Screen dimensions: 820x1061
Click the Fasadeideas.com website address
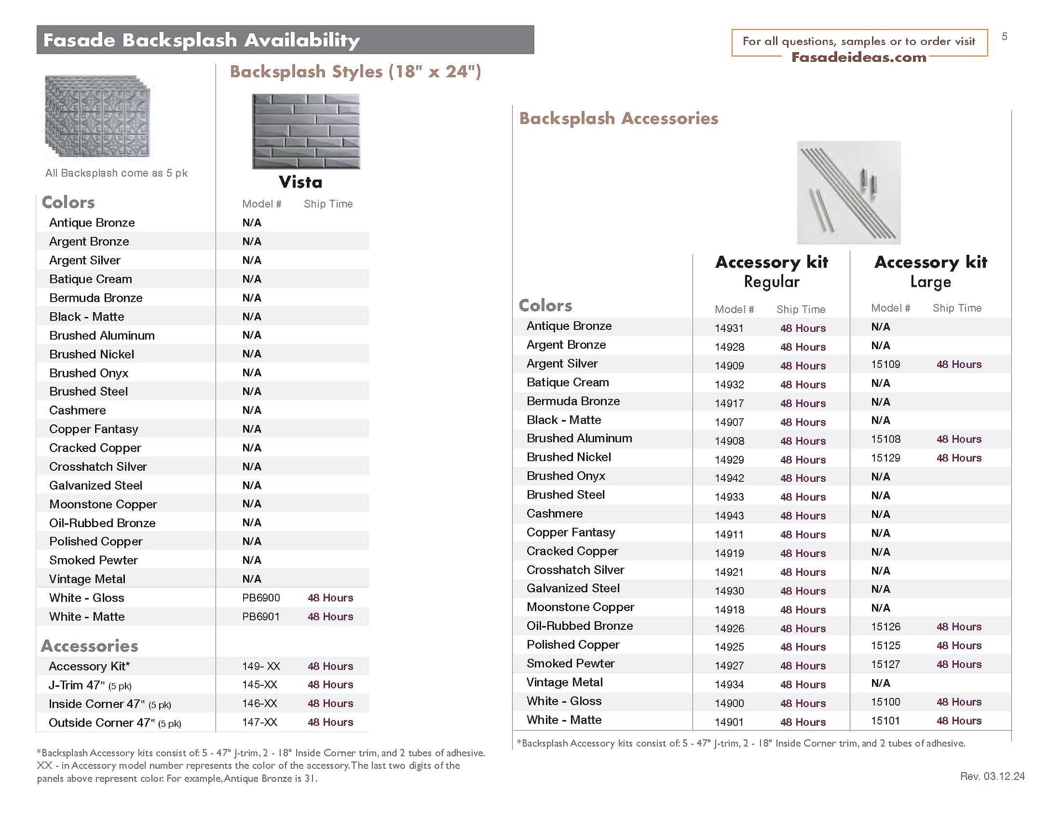(x=858, y=57)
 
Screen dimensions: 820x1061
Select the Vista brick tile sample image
(x=306, y=132)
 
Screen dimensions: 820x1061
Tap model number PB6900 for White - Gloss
(x=261, y=598)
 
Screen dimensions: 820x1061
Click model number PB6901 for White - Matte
(x=261, y=617)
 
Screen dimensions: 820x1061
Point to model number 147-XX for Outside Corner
(x=260, y=723)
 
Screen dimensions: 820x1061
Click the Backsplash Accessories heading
(x=618, y=118)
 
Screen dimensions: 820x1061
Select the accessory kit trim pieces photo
(x=848, y=192)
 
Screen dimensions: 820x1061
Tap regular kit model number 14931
(x=729, y=328)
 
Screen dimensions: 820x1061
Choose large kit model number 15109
(x=885, y=365)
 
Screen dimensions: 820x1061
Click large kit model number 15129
(x=885, y=458)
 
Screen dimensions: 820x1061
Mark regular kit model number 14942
(x=729, y=479)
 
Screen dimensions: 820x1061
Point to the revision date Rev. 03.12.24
(x=992, y=776)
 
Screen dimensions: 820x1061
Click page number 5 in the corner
(x=1004, y=36)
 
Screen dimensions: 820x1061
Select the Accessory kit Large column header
(x=931, y=271)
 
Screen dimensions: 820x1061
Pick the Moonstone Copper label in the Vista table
(x=103, y=504)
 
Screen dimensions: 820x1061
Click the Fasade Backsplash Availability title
(x=202, y=40)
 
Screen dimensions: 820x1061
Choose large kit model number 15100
(x=885, y=702)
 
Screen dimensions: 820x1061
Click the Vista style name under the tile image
(x=300, y=182)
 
